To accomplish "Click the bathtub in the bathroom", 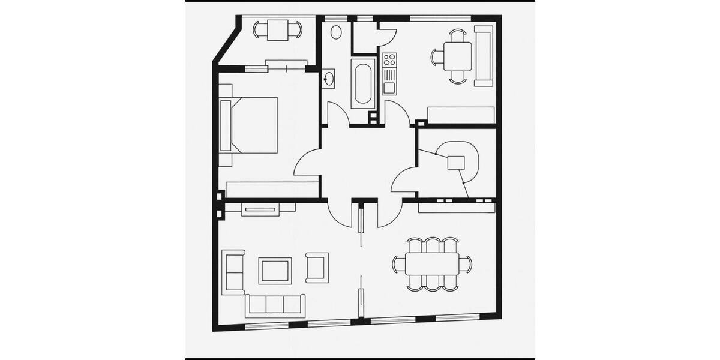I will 363,84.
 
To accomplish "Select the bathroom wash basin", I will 329,79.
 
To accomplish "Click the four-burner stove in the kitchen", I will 389,59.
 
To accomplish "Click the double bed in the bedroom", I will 252,125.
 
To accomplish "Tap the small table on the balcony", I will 277,29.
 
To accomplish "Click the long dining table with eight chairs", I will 432,264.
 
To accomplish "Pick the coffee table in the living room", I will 275,271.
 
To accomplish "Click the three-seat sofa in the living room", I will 275,305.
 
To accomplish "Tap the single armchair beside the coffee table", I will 317,268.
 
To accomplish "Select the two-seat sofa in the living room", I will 233,272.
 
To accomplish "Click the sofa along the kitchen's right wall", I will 484,56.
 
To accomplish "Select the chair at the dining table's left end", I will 398,264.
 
